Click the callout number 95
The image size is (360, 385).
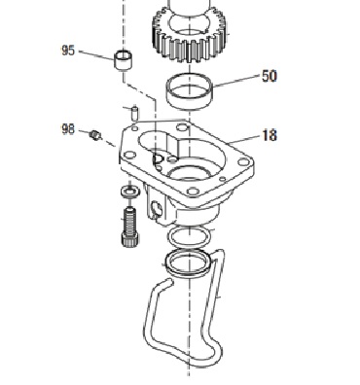[68, 51]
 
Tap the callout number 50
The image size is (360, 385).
[270, 76]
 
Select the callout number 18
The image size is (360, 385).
[270, 135]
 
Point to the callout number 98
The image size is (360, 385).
[68, 129]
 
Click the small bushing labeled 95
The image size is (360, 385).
[124, 59]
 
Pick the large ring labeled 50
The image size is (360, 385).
[190, 91]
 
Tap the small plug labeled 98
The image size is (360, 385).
[95, 135]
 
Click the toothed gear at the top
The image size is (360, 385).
[190, 32]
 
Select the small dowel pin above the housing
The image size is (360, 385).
[135, 113]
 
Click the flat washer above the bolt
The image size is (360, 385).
[130, 192]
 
